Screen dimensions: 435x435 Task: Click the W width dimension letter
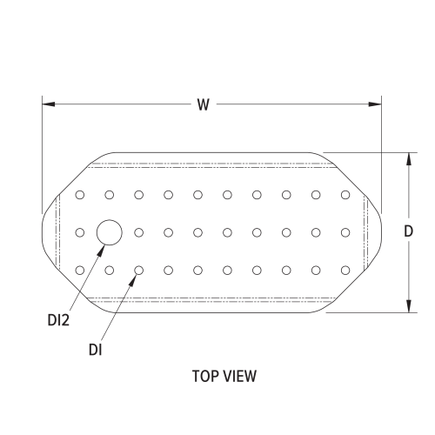click(x=203, y=105)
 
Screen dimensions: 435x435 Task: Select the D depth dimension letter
click(x=407, y=232)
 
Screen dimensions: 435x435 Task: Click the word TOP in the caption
click(x=204, y=377)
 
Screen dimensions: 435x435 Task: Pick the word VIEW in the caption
click(x=239, y=377)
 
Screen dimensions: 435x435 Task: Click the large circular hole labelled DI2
click(x=110, y=232)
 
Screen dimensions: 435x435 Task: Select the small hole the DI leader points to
click(x=138, y=270)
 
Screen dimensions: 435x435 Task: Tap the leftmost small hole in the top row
click(x=80, y=195)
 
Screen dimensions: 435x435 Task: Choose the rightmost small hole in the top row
click(x=345, y=195)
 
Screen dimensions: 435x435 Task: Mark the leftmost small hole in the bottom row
click(x=80, y=270)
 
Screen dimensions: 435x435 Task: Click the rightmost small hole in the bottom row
click(x=345, y=270)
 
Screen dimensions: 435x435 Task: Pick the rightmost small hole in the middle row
click(x=345, y=232)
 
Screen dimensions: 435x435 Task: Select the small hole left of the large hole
click(x=80, y=232)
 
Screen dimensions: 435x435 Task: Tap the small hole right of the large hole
click(x=138, y=232)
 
